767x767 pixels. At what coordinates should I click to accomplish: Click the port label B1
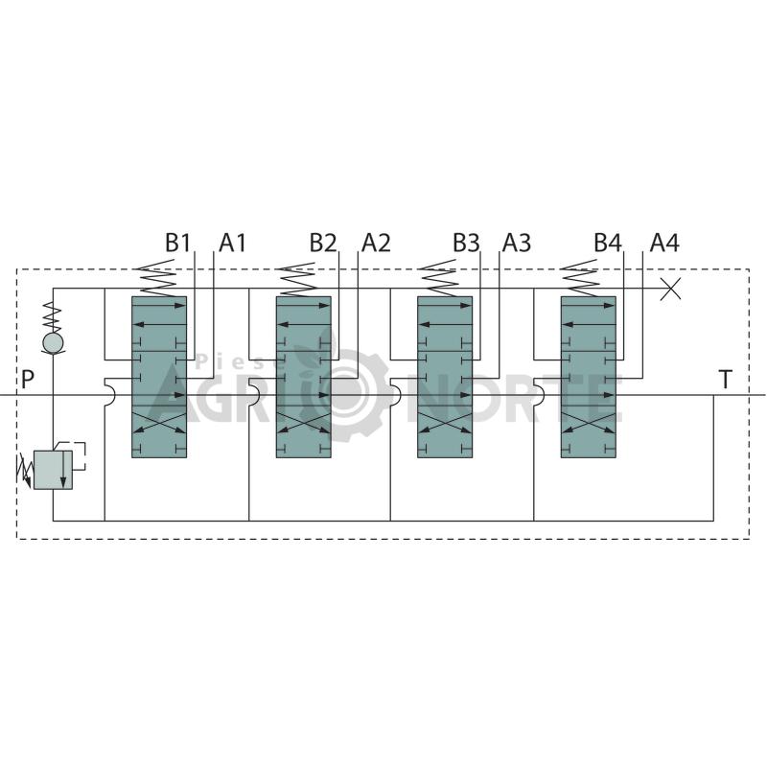pos(177,243)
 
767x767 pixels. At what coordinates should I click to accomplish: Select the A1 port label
pos(232,243)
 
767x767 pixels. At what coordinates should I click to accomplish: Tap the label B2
pos(323,243)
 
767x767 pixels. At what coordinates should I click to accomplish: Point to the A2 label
pos(376,243)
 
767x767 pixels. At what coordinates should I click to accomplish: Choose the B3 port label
pos(466,243)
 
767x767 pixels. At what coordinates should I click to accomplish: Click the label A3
pos(517,243)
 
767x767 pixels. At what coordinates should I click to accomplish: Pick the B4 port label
pos(608,243)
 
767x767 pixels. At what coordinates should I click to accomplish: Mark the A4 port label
pos(664,243)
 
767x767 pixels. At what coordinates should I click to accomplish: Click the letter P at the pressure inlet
pos(28,379)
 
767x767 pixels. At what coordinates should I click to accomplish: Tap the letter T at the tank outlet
pos(725,379)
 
